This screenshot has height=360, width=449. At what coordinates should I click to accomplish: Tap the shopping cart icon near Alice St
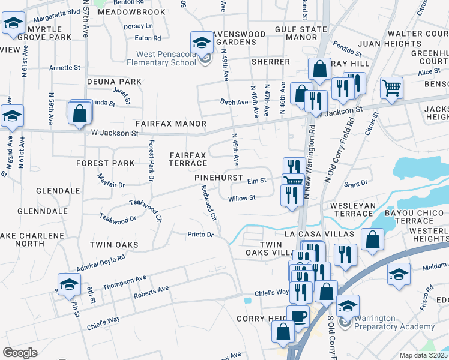tap(391, 88)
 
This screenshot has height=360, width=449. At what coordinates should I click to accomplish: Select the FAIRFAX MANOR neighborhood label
tap(162, 124)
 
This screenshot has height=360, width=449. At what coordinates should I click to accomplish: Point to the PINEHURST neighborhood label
tap(218, 178)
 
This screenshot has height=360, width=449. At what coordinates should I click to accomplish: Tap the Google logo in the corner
tap(20, 352)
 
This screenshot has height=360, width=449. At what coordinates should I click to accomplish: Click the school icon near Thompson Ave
tap(69, 284)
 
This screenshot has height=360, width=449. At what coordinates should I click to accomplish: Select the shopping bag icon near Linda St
tap(80, 112)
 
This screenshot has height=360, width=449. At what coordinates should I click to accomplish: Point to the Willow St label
tap(242, 197)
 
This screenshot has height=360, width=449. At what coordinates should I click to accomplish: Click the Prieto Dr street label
tap(200, 234)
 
